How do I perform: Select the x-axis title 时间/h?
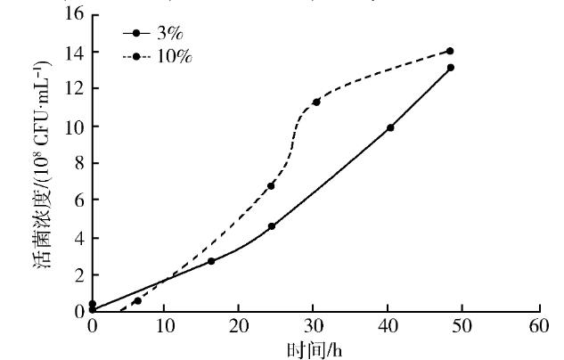tap(315, 350)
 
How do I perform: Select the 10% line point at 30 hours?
tap(316, 102)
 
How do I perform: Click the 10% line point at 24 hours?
tap(271, 185)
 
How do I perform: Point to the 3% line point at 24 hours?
tap(271, 226)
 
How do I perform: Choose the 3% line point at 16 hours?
tap(211, 261)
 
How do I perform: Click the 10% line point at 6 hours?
tap(137, 301)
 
